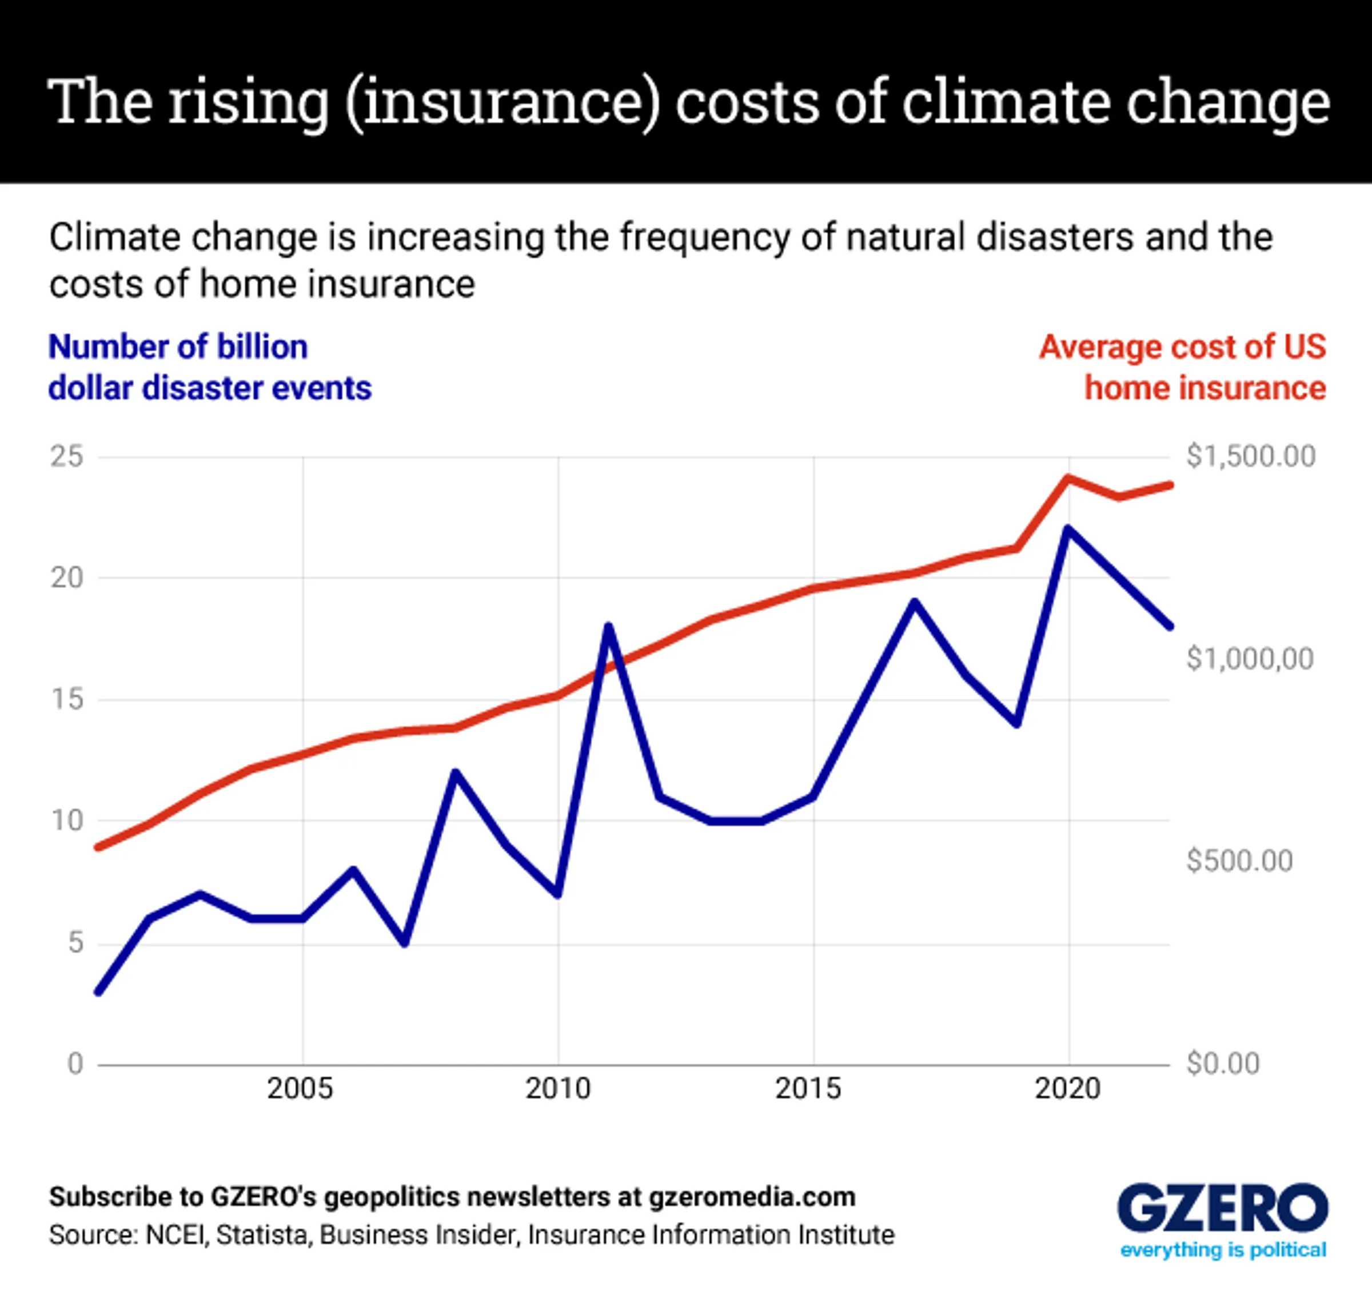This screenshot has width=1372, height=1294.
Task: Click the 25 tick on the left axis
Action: click(x=66, y=457)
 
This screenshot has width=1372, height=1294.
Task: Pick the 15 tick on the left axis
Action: click(x=66, y=700)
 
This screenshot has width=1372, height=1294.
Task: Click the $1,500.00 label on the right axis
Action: click(x=1251, y=457)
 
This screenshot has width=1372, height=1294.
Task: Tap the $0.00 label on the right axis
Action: click(x=1223, y=1064)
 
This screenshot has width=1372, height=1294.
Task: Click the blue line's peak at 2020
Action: click(x=1068, y=530)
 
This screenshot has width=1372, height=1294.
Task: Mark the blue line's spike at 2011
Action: click(x=608, y=627)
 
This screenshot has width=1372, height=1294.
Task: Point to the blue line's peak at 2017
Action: click(x=915, y=603)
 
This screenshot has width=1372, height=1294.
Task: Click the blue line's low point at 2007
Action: click(x=405, y=943)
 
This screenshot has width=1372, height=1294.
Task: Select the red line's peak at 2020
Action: click(x=1068, y=478)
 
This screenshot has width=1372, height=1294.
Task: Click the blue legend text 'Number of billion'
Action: click(x=178, y=347)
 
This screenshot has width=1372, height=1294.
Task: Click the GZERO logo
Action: click(x=1223, y=1208)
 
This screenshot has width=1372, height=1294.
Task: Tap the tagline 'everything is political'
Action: click(x=1223, y=1250)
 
